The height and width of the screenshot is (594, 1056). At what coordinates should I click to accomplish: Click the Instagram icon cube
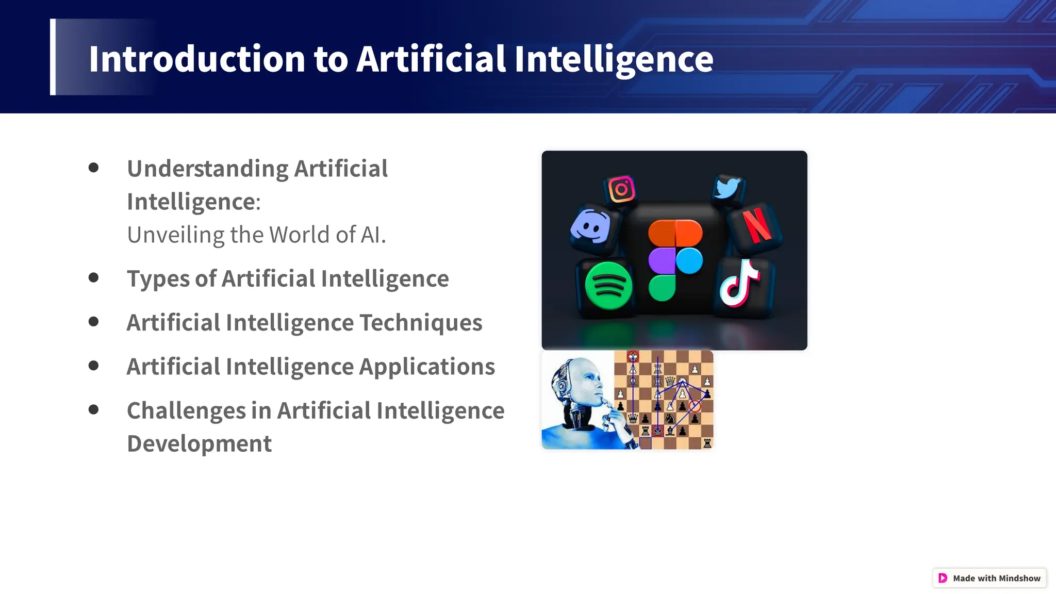[x=621, y=189]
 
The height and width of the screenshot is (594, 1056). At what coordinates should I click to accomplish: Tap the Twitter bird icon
[x=728, y=188]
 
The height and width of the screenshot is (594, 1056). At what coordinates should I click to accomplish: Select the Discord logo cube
[x=590, y=227]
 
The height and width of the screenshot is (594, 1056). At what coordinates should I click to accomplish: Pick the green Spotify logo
[x=608, y=286]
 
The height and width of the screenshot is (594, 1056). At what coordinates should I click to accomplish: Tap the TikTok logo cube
[x=740, y=285]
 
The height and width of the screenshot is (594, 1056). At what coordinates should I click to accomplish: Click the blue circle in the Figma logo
[x=689, y=260]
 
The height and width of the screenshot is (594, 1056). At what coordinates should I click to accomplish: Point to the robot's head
[x=577, y=382]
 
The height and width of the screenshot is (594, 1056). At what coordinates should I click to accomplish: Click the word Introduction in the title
[x=197, y=59]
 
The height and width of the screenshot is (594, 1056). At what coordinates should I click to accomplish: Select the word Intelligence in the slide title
[x=614, y=59]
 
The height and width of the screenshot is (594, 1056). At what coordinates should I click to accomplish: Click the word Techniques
[x=420, y=323]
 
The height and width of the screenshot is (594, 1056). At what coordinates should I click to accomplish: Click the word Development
[x=199, y=444]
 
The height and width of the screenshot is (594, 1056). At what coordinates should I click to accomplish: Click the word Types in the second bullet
[x=158, y=279]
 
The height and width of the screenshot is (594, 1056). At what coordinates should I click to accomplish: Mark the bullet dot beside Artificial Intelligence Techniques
[x=93, y=322]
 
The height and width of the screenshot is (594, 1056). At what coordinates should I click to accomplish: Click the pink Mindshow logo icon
[x=943, y=578]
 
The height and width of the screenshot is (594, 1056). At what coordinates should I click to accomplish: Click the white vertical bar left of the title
[x=53, y=57]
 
